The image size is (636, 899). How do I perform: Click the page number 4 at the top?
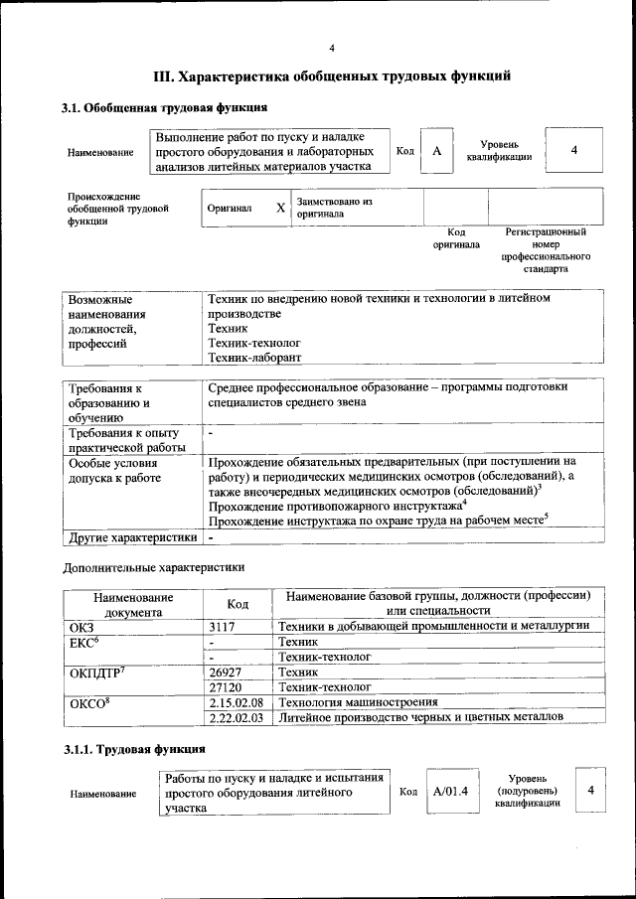(x=332, y=48)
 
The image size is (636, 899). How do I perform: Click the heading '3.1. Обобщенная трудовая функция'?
(x=164, y=107)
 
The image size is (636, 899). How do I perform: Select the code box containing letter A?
(x=435, y=151)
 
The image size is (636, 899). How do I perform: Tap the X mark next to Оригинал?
(x=280, y=209)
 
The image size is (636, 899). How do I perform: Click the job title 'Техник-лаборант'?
(x=253, y=357)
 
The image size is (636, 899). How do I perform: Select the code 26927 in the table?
(x=227, y=673)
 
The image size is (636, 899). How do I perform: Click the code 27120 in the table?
(x=227, y=686)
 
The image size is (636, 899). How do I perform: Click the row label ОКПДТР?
(x=95, y=673)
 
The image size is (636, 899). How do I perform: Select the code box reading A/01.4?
(x=450, y=791)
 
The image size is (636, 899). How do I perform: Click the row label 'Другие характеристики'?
(x=131, y=537)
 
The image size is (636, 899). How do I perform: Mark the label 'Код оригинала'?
(x=456, y=237)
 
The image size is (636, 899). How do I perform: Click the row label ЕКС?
(x=84, y=643)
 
